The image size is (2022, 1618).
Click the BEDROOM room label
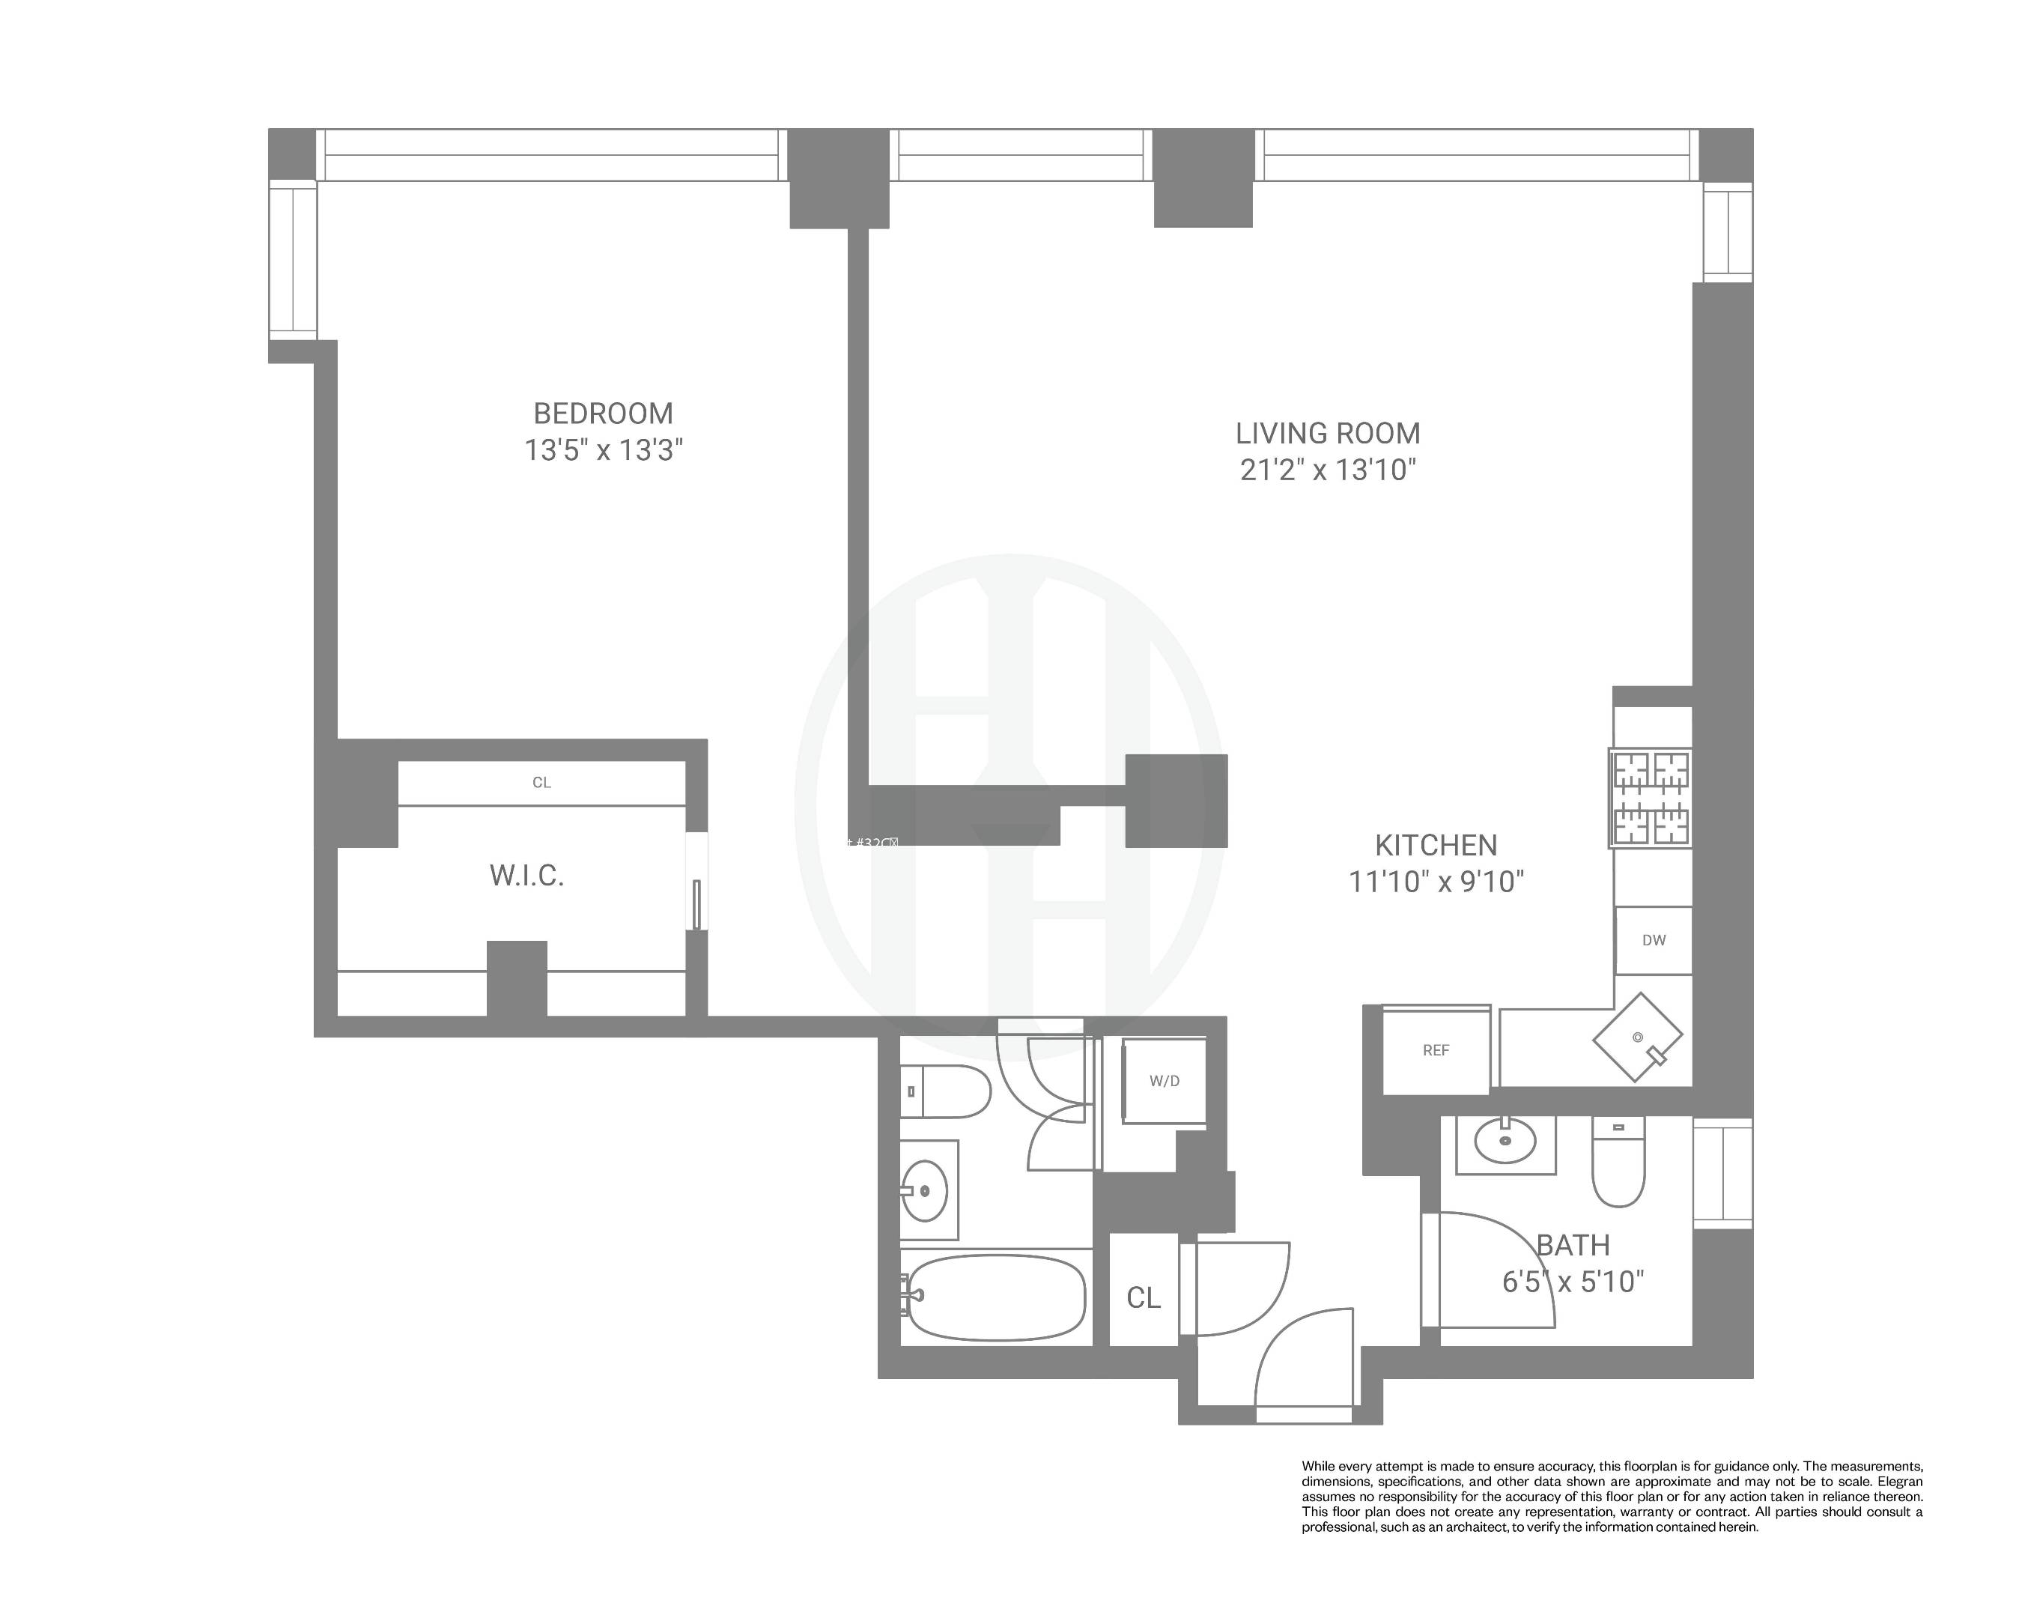(x=603, y=413)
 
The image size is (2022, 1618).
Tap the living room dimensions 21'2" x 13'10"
(x=1327, y=470)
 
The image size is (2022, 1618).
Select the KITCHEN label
(x=1435, y=845)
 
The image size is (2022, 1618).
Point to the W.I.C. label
(x=526, y=876)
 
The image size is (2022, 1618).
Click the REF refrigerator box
(x=1435, y=1050)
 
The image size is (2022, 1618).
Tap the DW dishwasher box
(x=1654, y=941)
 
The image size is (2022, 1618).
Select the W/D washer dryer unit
(x=1164, y=1081)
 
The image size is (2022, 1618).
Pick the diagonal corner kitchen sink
(x=1638, y=1037)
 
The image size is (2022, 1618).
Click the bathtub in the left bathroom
(x=996, y=1298)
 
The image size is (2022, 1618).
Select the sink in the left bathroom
(x=925, y=1191)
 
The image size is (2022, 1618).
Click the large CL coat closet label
(x=1144, y=1298)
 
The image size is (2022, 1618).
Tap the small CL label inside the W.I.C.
(x=541, y=782)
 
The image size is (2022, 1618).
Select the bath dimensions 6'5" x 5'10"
(x=1573, y=1281)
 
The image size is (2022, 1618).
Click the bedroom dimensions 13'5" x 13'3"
(x=603, y=451)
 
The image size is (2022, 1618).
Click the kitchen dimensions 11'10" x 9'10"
(x=1435, y=882)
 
